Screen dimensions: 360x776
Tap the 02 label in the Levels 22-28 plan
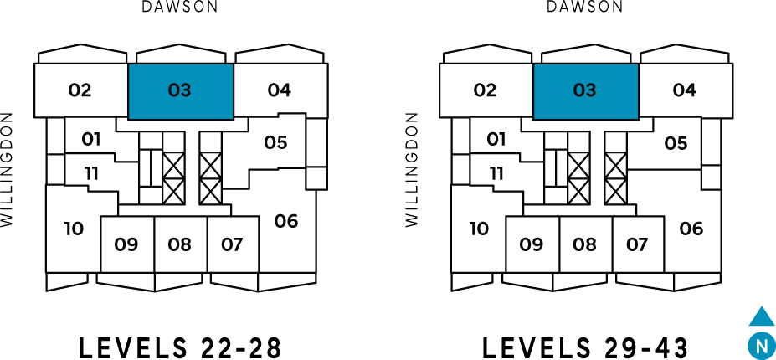[80, 90]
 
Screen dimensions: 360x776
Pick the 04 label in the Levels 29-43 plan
[684, 90]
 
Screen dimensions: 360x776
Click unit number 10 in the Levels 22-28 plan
[74, 228]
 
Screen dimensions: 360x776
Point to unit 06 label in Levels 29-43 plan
[691, 228]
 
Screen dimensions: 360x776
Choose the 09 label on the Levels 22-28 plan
[126, 244]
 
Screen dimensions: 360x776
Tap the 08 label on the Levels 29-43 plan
[585, 244]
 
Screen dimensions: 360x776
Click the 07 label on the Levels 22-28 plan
[232, 244]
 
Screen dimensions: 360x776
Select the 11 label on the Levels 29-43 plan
[497, 173]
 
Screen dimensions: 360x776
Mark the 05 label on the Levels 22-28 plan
[275, 143]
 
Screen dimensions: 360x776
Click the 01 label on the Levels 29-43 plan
[496, 139]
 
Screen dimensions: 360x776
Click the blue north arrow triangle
[761, 317]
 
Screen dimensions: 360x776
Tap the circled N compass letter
[760, 343]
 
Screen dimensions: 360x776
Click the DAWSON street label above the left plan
[180, 8]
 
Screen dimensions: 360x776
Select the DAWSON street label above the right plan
[585, 8]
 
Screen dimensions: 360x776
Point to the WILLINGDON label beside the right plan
[411, 170]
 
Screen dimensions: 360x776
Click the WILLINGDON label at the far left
[8, 170]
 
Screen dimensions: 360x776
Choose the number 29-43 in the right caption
[648, 346]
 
